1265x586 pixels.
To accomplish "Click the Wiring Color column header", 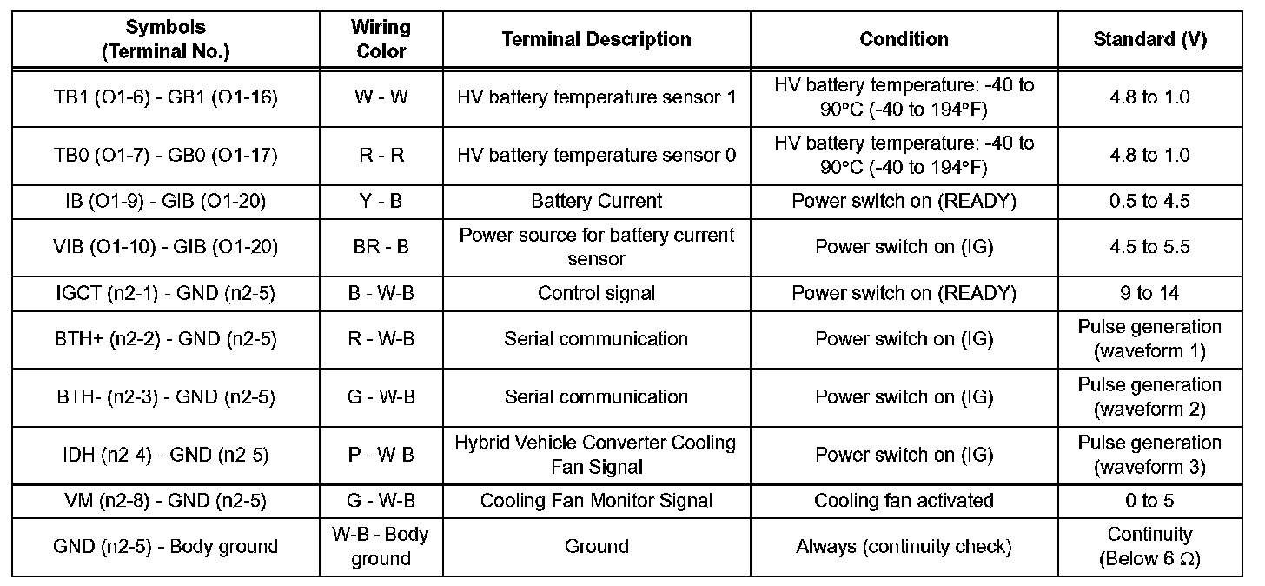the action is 381,39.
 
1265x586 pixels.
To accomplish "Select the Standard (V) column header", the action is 1149,39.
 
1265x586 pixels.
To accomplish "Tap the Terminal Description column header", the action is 596,39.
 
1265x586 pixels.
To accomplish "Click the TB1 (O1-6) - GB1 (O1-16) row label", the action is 165,97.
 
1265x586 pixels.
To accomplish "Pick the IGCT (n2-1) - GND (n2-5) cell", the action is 165,293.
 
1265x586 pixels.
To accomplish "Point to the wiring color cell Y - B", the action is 381,201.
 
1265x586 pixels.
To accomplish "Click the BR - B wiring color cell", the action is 381,247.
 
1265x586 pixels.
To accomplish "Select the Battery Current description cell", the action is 596,201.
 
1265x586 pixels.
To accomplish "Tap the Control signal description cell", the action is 596,293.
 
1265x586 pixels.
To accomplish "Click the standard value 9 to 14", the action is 1149,293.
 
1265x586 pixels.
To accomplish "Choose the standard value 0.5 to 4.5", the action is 1149,201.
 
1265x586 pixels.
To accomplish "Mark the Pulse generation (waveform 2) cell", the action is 1149,396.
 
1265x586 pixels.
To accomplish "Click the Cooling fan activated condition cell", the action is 904,500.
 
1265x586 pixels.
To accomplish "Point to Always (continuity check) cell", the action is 904,547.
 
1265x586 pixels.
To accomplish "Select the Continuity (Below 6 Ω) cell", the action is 1149,547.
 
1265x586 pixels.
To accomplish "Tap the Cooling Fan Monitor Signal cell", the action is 596,500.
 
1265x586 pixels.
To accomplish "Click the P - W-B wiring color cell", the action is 381,455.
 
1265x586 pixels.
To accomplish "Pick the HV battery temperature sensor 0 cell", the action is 596,155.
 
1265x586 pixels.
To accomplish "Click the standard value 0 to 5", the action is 1149,500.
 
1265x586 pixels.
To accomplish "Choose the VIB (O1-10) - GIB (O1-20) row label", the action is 165,247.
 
